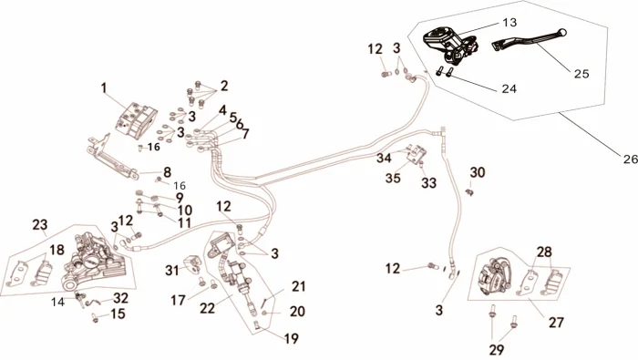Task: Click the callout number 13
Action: (x=509, y=23)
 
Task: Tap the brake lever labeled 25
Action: (x=529, y=39)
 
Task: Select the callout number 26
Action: (x=631, y=159)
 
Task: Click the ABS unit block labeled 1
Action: (x=136, y=118)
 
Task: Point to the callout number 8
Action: (x=167, y=172)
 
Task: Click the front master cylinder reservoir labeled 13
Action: (x=449, y=46)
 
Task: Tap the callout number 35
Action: (x=393, y=178)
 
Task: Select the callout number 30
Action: (x=478, y=172)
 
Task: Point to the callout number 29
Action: (x=496, y=349)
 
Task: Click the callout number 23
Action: (x=40, y=224)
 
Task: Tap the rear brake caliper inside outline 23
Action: (x=91, y=259)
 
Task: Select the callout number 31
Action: (x=172, y=270)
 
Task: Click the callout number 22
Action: (x=207, y=308)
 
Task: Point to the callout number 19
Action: (x=292, y=338)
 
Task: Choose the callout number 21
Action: (x=298, y=286)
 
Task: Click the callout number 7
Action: (x=245, y=134)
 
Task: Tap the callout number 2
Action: (x=224, y=86)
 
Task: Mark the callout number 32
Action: (x=121, y=298)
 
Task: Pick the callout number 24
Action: (x=509, y=88)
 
